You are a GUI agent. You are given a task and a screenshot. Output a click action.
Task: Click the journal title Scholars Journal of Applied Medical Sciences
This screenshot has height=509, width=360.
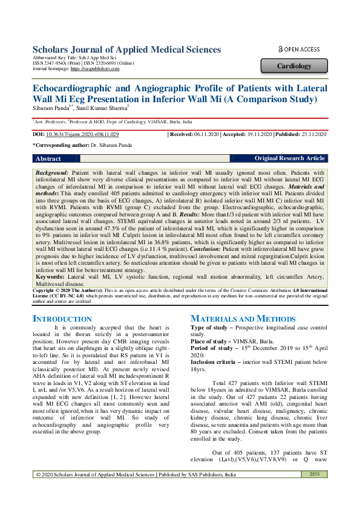[x=126, y=50]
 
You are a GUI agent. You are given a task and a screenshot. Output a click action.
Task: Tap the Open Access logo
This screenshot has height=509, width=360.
[x=298, y=49]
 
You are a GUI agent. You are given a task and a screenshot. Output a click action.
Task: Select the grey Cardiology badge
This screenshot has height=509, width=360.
[x=294, y=66]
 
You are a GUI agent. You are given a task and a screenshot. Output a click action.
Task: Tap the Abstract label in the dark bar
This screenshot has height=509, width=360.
[x=48, y=158]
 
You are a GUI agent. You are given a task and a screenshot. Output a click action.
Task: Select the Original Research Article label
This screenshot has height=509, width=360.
[x=289, y=158]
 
